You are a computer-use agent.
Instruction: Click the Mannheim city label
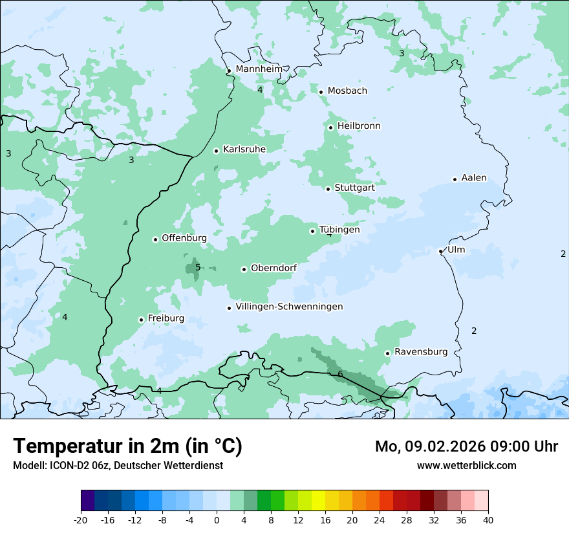(x=259, y=69)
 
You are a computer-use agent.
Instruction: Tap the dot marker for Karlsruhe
(x=217, y=151)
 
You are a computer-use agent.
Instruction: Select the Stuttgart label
(x=354, y=188)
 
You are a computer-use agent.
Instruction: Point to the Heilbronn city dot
(x=330, y=127)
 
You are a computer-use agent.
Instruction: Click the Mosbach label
(x=347, y=91)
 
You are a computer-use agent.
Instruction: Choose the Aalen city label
(x=474, y=178)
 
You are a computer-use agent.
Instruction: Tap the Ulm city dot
(x=441, y=251)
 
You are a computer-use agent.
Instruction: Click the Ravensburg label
(x=420, y=352)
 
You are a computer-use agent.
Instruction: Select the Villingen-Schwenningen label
(x=289, y=307)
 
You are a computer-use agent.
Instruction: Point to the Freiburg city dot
(x=141, y=320)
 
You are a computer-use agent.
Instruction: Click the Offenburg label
(x=184, y=238)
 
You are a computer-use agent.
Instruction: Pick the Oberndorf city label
(x=274, y=268)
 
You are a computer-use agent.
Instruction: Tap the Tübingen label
(x=339, y=230)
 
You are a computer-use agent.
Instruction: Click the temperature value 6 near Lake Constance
(x=340, y=374)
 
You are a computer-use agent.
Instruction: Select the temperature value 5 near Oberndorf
(x=198, y=267)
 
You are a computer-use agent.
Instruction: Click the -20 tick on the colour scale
(x=81, y=520)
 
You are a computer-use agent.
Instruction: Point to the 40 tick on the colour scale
(x=488, y=520)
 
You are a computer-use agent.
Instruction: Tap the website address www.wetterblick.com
(x=466, y=465)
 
